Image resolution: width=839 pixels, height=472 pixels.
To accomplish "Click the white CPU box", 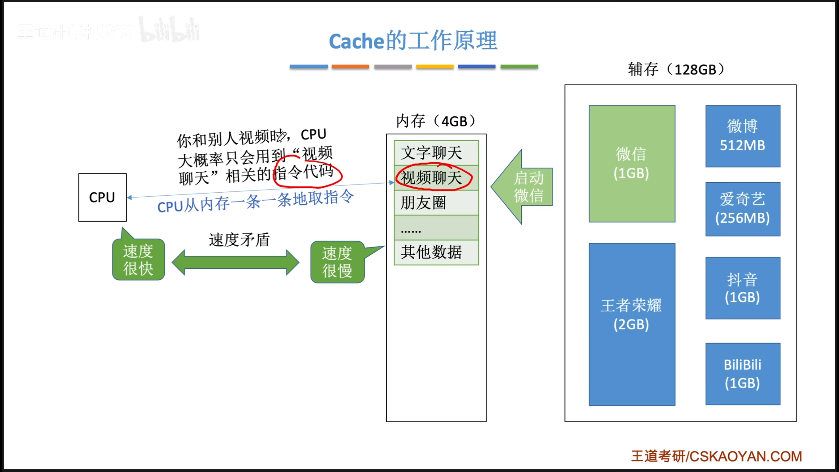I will tap(102, 197).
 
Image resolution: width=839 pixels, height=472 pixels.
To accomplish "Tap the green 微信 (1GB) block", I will tap(632, 164).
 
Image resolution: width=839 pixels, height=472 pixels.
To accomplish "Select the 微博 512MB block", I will tap(743, 136).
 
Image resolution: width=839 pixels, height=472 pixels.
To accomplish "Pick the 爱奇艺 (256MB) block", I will tap(743, 209).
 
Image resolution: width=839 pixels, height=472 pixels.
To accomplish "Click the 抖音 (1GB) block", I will tap(743, 288).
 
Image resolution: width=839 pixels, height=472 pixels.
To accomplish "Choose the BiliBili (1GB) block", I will tap(743, 374).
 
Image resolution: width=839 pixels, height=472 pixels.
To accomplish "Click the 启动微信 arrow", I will tap(524, 187).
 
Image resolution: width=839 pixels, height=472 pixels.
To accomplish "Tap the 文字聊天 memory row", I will tap(436, 153).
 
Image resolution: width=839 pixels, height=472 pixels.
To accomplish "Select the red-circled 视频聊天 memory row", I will tap(436, 178).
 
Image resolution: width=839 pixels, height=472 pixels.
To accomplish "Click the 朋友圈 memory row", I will tap(436, 203).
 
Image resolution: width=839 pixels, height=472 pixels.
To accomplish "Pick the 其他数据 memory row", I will tap(436, 252).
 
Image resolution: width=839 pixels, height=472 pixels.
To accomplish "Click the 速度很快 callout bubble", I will tap(138, 260).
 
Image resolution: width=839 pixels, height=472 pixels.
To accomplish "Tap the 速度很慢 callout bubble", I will tap(337, 262).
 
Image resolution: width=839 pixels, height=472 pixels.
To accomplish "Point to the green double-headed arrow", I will tap(235, 262).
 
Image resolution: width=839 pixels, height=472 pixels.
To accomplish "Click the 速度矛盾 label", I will tap(239, 240).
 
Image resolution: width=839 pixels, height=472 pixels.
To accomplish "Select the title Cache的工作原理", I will tap(413, 41).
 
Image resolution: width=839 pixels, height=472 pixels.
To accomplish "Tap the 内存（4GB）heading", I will tap(436, 121).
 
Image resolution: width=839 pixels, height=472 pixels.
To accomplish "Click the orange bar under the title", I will tap(350, 67).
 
